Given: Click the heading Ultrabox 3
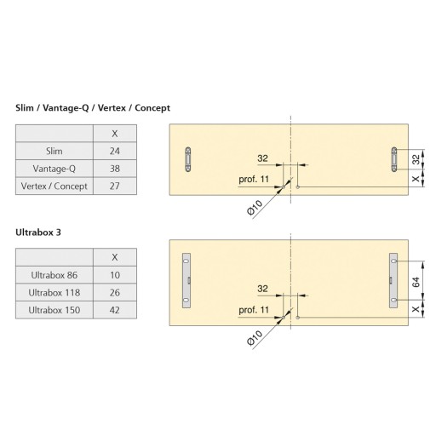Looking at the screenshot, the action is [38, 232].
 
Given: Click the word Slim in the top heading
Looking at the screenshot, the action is [25, 108].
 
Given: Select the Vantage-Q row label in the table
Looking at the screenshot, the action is [54, 169].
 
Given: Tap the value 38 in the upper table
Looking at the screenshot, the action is [115, 169].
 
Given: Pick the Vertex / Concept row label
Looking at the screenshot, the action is [54, 186].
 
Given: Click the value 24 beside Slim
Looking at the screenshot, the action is [115, 151].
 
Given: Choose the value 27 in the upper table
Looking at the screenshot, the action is [115, 186].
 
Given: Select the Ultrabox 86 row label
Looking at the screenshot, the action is [54, 275].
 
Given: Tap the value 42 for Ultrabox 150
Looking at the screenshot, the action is [115, 310].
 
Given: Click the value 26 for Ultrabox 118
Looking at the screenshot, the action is [115, 293].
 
